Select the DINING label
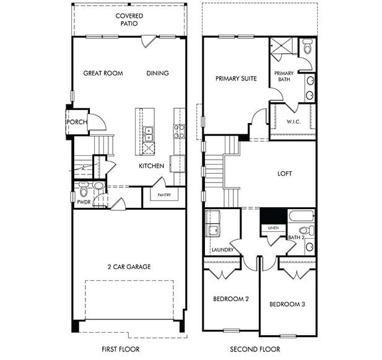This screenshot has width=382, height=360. point(157,73)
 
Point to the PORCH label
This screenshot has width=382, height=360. point(77,122)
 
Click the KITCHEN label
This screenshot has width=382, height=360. point(151,166)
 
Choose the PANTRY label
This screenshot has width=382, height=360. point(163,195)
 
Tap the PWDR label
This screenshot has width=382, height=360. point(84,202)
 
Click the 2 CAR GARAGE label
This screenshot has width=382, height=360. point(129,267)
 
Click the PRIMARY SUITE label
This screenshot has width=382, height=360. point(235,79)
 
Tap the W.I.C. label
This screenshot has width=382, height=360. point(293,121)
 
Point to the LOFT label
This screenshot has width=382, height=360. point(284,174)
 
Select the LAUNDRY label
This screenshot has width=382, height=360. point(222,250)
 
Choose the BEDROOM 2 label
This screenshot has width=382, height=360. point(231,299)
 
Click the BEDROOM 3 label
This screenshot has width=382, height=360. point(287,304)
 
